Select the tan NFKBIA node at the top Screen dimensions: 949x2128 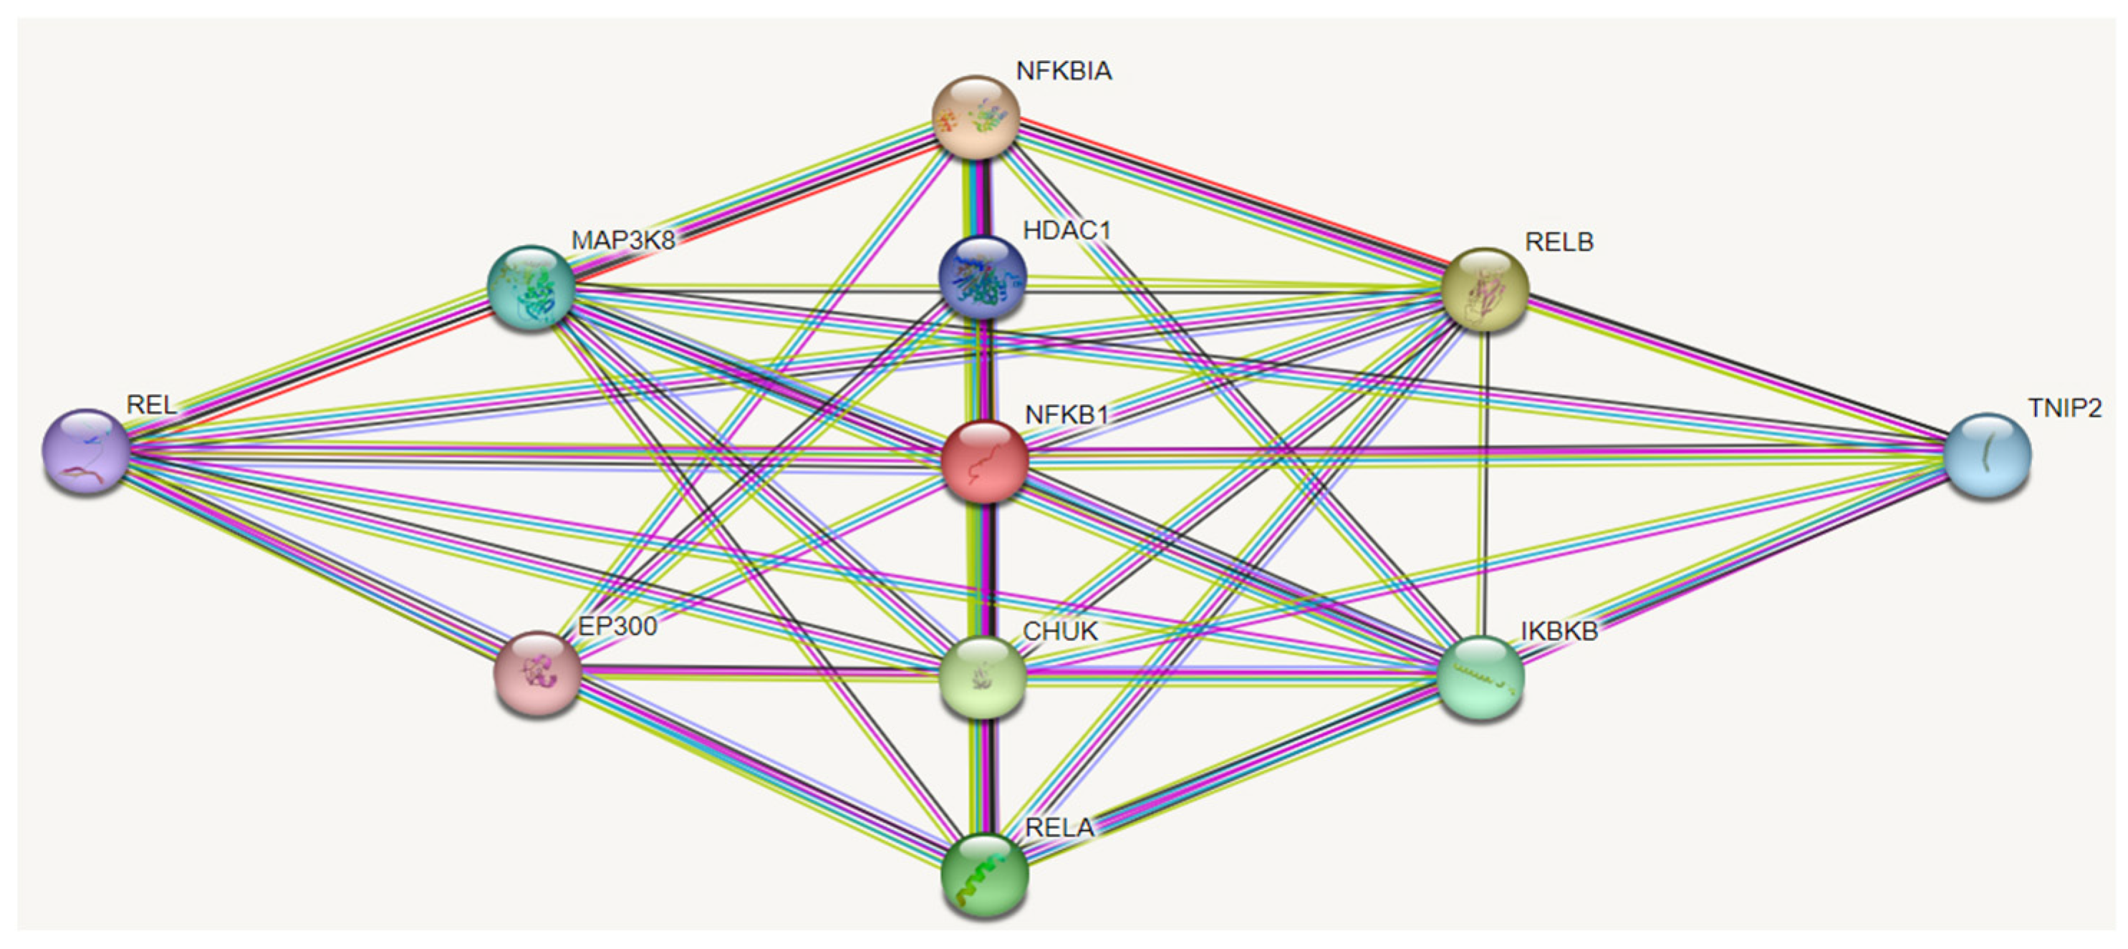pos(976,117)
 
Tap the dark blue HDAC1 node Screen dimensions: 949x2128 pos(982,276)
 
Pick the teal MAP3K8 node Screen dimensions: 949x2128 pos(531,287)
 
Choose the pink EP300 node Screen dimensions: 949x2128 pos(537,673)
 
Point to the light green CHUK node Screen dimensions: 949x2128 pos(983,676)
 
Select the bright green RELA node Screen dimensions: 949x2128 pos(985,875)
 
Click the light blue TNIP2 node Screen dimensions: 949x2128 pos(1988,455)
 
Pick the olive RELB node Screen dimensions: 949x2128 pos(1485,289)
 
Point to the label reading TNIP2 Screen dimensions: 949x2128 pos(2064,408)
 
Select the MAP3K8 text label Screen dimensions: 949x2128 pos(623,241)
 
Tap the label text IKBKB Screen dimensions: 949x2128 pos(1559,631)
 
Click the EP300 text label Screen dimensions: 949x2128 pos(617,626)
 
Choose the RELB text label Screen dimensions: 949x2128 pos(1559,242)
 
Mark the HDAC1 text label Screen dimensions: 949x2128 pos(1067,231)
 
